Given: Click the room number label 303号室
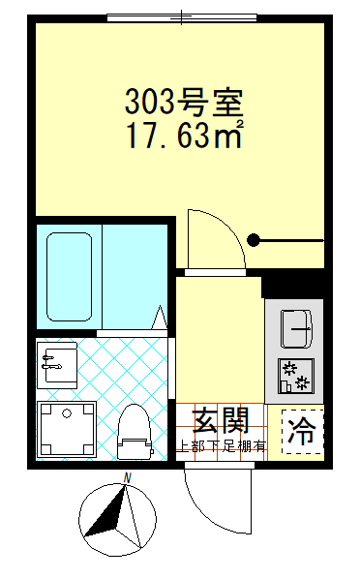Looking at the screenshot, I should (183, 100).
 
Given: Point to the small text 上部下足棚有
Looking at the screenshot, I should (221, 446).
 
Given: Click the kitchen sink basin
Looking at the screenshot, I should (295, 327).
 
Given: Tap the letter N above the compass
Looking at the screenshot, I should (127, 477).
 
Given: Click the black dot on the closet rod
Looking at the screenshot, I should (254, 239).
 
